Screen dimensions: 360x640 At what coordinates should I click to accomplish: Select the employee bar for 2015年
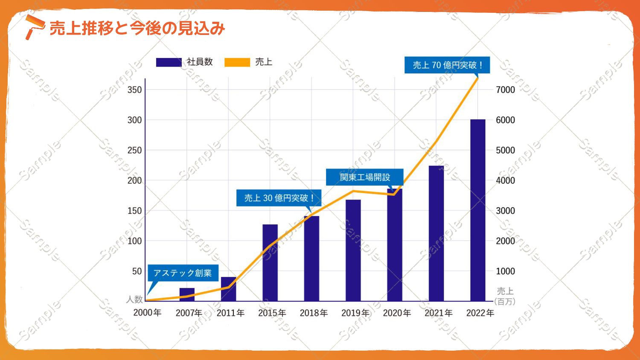tap(270, 263)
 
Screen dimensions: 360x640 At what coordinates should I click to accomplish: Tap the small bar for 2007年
tap(187, 295)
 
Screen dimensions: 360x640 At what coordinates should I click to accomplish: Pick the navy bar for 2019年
tap(353, 250)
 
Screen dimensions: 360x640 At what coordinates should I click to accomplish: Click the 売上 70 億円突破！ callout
tap(447, 65)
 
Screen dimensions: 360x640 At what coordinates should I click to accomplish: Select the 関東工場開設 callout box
tap(365, 177)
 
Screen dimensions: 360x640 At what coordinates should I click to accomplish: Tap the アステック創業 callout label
tap(183, 273)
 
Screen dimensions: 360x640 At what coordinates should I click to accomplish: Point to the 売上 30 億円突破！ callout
tap(279, 198)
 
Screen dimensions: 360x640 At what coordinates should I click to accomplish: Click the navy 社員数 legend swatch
tap(169, 62)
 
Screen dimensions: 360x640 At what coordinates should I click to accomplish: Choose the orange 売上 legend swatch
tap(237, 62)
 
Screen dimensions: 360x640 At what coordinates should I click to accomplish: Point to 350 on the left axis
tap(134, 90)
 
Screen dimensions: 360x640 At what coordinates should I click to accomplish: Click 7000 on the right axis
tap(505, 90)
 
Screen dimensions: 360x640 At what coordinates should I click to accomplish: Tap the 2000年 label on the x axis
tap(147, 313)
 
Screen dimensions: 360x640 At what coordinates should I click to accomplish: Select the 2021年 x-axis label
tap(438, 313)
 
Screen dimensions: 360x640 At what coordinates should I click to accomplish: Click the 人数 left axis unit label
tap(134, 299)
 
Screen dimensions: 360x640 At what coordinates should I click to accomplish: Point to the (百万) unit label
tap(505, 302)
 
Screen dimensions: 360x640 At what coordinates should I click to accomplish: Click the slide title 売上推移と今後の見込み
tap(137, 29)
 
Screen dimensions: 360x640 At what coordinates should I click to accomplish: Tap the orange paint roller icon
tap(34, 26)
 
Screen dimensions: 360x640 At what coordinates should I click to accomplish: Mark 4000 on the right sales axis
tap(505, 180)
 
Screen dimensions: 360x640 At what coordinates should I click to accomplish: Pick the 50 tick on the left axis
tap(137, 271)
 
